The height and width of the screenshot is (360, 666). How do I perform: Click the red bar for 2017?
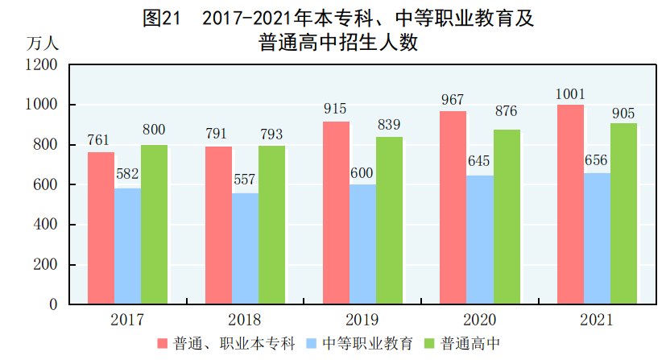click(101, 228)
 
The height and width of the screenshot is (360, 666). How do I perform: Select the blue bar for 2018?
click(245, 249)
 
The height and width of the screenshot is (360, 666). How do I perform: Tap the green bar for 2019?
click(389, 221)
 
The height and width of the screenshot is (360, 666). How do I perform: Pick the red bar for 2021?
click(571, 205)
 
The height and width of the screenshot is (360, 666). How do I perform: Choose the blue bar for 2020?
click(479, 240)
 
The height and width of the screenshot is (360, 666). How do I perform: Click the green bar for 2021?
click(623, 213)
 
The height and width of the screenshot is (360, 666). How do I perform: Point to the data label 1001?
click(570, 93)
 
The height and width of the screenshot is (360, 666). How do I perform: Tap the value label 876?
click(506, 111)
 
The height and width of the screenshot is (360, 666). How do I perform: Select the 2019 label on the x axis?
click(362, 320)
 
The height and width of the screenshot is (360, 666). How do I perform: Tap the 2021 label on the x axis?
click(597, 320)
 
